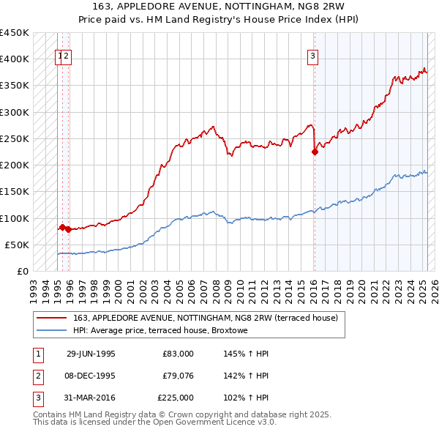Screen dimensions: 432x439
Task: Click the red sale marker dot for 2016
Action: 315,152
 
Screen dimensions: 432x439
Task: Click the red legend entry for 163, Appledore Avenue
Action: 205,318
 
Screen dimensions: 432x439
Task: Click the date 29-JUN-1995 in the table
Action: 91,354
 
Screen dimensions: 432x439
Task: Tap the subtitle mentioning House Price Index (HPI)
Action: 219,22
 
